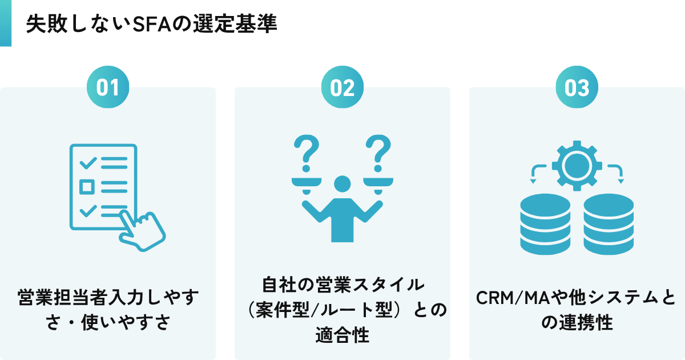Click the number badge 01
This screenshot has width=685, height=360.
(107, 87)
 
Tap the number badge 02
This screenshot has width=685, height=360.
(342, 87)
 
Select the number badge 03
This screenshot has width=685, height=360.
(577, 87)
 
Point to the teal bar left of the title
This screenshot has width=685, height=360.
(5, 23)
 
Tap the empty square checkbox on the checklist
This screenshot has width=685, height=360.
(87, 186)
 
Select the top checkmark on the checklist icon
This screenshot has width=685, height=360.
(88, 163)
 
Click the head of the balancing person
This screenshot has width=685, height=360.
(342, 184)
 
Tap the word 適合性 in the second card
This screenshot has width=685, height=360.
(342, 335)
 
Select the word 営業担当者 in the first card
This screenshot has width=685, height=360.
(65, 298)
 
